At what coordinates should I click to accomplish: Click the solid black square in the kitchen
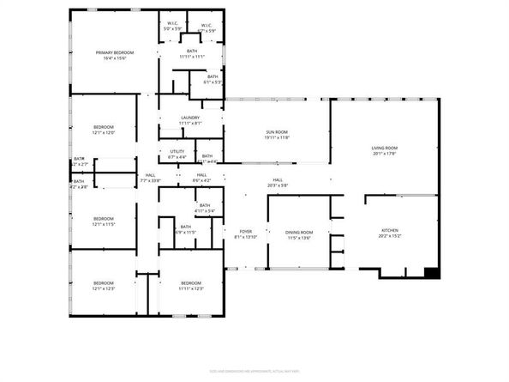click(432, 274)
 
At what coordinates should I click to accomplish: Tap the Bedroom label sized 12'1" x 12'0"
click(103, 130)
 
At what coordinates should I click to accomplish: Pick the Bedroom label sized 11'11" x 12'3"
click(190, 286)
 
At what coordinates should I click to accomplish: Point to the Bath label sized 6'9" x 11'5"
click(186, 229)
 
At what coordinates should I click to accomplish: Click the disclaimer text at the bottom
click(254, 372)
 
